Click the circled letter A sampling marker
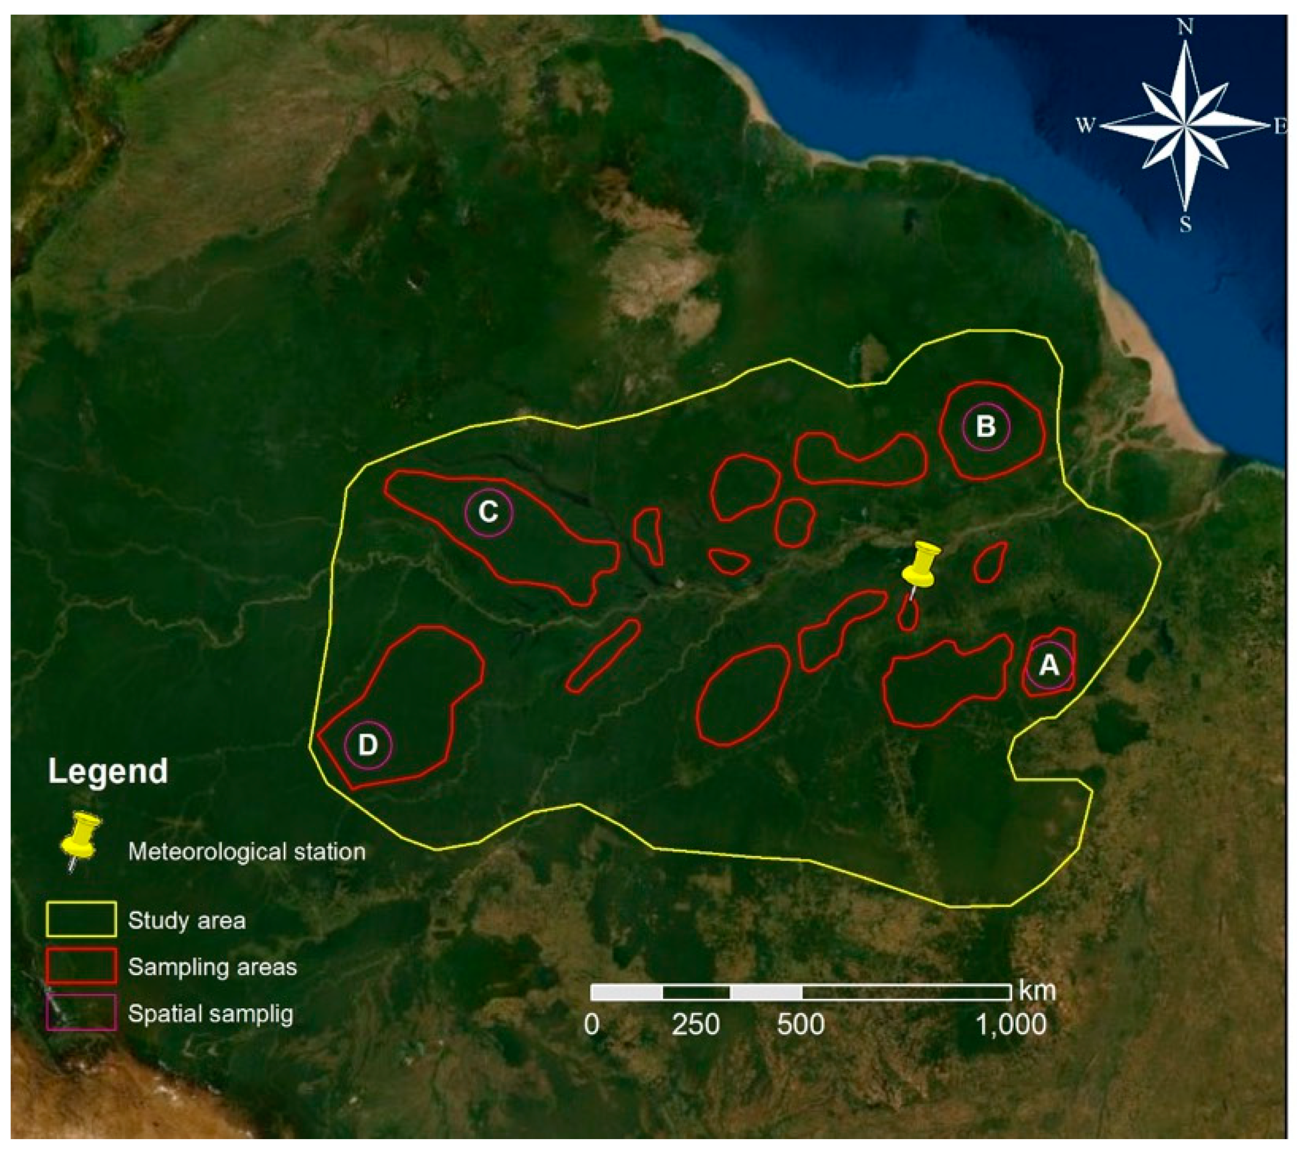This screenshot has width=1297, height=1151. pyautogui.click(x=1049, y=665)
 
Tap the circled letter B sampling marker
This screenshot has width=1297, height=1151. pyautogui.click(x=985, y=427)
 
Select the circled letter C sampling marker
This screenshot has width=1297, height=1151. pyautogui.click(x=488, y=512)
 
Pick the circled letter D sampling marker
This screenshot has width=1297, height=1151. pyautogui.click(x=368, y=745)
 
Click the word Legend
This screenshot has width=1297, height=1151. pyautogui.click(x=108, y=772)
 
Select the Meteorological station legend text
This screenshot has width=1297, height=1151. pyautogui.click(x=247, y=851)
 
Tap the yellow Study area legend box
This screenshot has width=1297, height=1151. pyautogui.click(x=81, y=919)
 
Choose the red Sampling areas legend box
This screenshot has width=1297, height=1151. pyautogui.click(x=81, y=966)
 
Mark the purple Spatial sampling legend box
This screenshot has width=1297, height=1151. pyautogui.click(x=81, y=1012)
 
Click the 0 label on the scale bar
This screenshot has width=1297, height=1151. pyautogui.click(x=592, y=1025)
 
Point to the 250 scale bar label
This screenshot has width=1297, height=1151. pyautogui.click(x=696, y=1025)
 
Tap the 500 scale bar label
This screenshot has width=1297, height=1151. pyautogui.click(x=801, y=1025)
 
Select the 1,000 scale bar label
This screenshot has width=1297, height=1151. pyautogui.click(x=1010, y=1025)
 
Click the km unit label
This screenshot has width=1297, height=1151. pyautogui.click(x=1037, y=990)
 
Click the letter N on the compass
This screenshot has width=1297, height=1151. pyautogui.click(x=1185, y=27)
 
